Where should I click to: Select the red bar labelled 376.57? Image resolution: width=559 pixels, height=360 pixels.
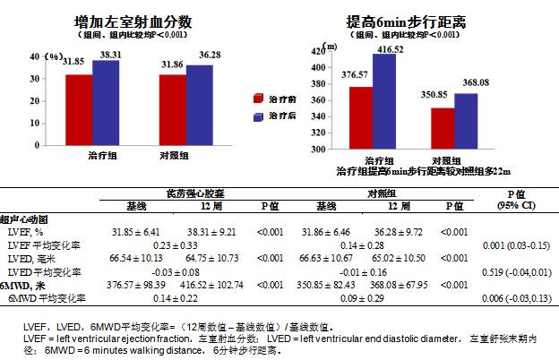pos(360,116)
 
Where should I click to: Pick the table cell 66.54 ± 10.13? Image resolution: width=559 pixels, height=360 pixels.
pos(135,257)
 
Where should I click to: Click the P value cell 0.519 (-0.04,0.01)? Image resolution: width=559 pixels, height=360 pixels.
pos(515,270)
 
